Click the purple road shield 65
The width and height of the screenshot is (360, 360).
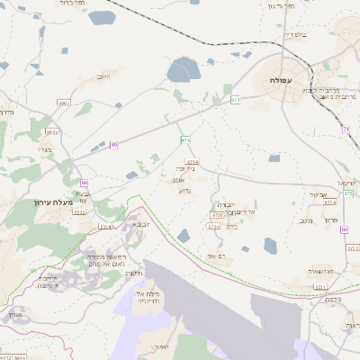[x=113, y=145]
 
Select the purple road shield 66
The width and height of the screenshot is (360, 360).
[x=83, y=183]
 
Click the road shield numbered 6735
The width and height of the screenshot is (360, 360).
[x=216, y=216]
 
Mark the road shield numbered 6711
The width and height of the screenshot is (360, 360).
[x=319, y=286]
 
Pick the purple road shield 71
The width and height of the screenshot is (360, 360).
[x=346, y=130]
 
